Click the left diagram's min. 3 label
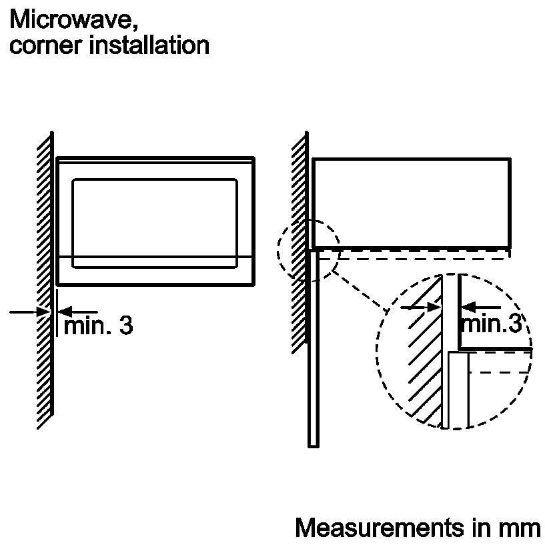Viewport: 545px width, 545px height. click(x=97, y=326)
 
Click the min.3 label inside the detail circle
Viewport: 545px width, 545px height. click(x=490, y=324)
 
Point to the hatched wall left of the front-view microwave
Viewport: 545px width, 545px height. click(x=44, y=280)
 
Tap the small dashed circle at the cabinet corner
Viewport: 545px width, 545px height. click(x=308, y=250)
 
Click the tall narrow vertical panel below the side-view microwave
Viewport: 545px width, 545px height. click(x=313, y=347)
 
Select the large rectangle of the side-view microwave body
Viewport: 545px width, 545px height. click(x=411, y=203)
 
